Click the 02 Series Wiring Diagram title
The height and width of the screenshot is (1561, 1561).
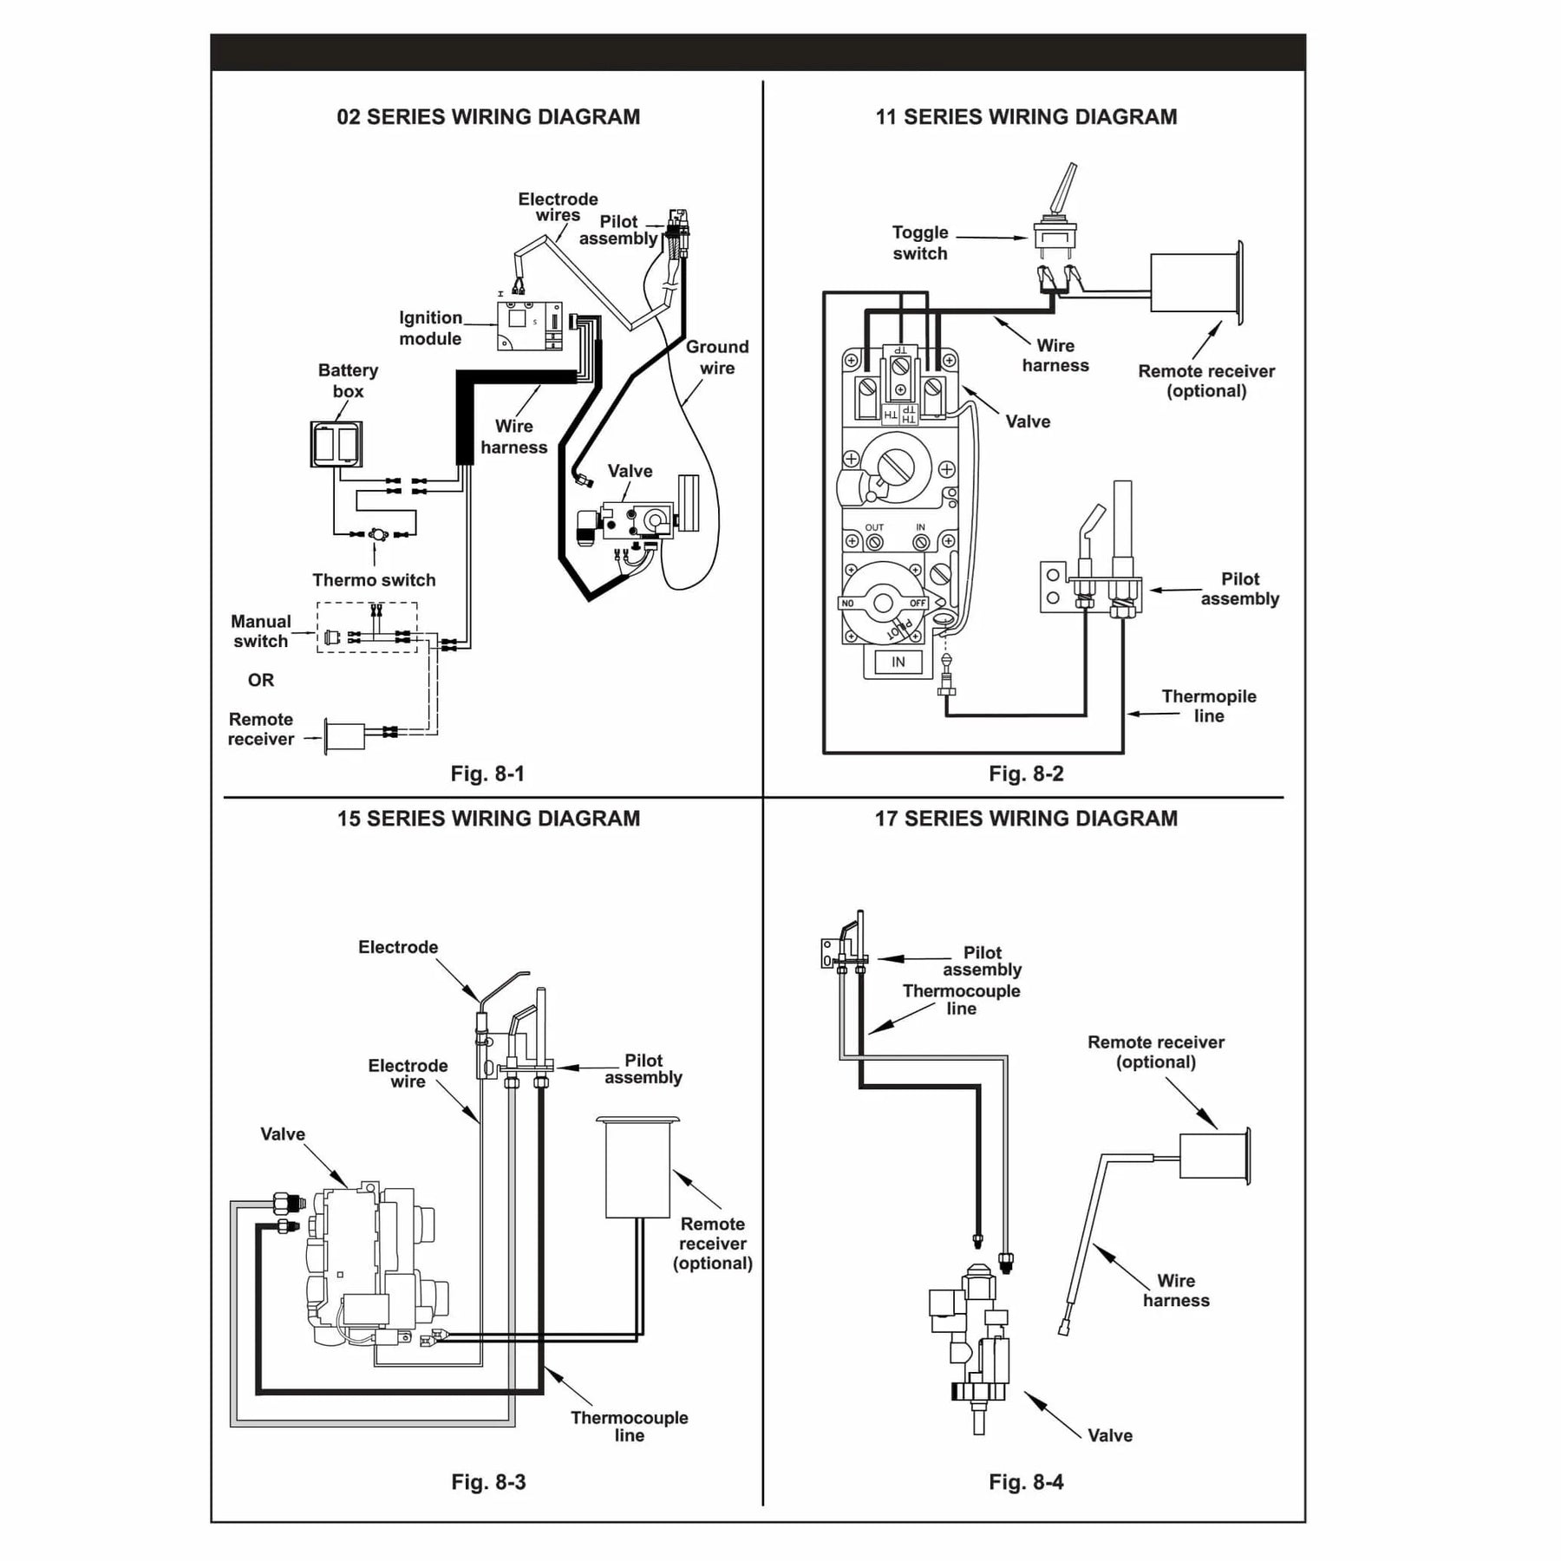[x=488, y=117]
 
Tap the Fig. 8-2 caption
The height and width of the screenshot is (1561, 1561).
[x=1026, y=774]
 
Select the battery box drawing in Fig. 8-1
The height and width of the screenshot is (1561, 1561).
[x=336, y=444]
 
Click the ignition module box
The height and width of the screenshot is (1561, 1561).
[x=530, y=326]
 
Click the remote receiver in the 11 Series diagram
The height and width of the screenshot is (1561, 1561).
[x=1197, y=283]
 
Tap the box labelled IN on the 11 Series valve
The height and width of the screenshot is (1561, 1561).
[x=898, y=662]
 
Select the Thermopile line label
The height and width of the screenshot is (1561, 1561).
[x=1209, y=706]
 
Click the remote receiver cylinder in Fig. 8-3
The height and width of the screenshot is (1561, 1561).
[x=638, y=1166]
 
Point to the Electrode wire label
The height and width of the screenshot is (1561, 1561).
[x=408, y=1074]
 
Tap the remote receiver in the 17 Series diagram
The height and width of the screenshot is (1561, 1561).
[x=1215, y=1156]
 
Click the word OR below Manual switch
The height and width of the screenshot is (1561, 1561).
[x=261, y=680]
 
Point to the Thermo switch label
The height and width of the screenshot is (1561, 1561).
[x=374, y=580]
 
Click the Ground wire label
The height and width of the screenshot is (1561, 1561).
[x=717, y=357]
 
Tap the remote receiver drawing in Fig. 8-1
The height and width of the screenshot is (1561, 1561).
[x=345, y=736]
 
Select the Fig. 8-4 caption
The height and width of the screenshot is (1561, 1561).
[x=1026, y=1482]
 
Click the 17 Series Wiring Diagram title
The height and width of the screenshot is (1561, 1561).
[x=1026, y=819]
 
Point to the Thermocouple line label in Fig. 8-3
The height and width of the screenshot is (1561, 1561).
[x=630, y=1427]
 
